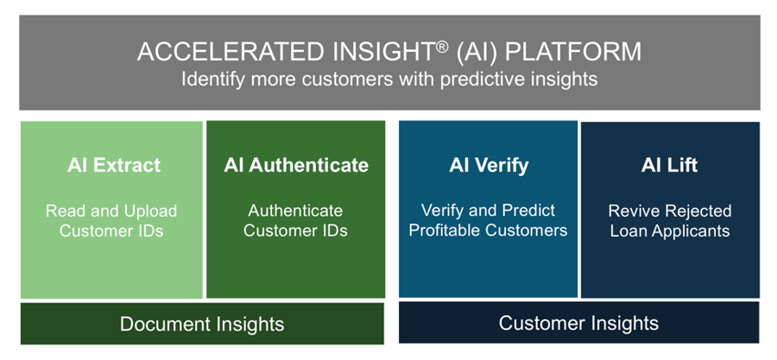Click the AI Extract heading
[114, 165]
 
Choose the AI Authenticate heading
[296, 165]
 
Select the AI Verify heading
[488, 165]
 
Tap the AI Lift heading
[669, 165]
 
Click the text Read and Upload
[111, 211]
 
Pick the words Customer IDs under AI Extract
[111, 231]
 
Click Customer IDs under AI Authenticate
[295, 231]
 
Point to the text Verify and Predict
[488, 210]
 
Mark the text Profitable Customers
[488, 231]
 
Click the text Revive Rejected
[669, 211]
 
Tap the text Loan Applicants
[669, 231]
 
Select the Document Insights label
[202, 325]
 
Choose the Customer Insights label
[578, 324]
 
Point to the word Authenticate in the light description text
[295, 211]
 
